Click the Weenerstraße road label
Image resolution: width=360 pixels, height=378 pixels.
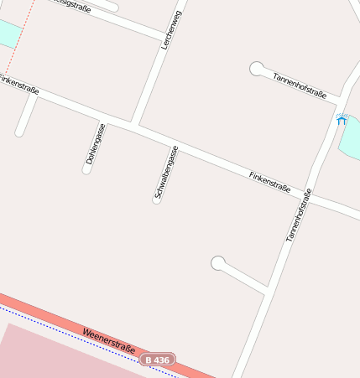point(108,342)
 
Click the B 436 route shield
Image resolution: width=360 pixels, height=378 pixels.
point(157,359)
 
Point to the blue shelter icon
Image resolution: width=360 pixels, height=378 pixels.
point(341,119)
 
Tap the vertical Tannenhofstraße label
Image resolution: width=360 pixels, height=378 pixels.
point(299,215)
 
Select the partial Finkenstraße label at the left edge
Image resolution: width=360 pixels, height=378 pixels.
point(19,84)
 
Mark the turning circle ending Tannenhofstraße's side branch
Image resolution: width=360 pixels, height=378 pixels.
point(257,69)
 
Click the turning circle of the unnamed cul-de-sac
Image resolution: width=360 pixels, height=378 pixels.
point(218,263)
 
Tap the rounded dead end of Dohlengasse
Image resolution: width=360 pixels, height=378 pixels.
point(86,170)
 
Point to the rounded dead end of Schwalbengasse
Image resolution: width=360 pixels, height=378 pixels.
point(156,200)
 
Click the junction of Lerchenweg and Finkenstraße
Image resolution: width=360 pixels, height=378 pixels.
point(133,126)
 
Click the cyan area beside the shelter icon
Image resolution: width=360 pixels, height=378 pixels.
point(351,137)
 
